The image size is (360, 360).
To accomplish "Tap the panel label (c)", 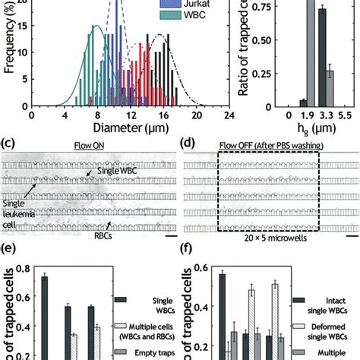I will point(10,141).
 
